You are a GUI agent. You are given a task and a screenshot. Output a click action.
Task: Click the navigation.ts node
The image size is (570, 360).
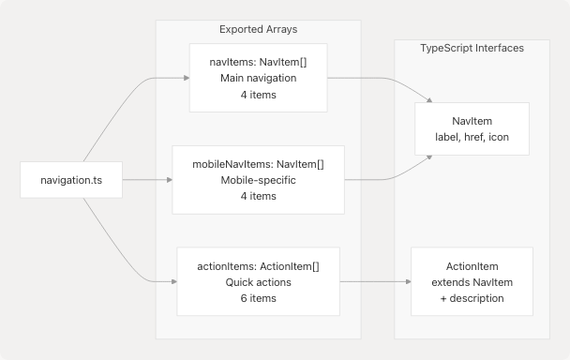click(72, 180)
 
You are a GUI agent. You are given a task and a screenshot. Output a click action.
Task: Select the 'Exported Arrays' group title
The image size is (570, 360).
click(258, 30)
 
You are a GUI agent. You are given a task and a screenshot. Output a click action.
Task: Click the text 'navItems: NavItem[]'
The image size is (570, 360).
click(258, 62)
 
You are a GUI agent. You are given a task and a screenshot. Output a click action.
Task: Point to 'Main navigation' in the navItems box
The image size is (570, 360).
click(258, 78)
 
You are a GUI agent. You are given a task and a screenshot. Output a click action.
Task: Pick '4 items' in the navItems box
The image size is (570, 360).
click(258, 94)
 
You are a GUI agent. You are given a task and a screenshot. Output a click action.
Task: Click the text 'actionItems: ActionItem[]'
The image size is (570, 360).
click(258, 266)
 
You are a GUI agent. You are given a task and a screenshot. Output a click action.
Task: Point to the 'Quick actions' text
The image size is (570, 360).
click(258, 282)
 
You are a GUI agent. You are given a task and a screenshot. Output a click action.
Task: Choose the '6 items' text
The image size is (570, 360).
click(258, 298)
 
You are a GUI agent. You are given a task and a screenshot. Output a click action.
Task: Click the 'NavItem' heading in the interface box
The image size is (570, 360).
click(472, 122)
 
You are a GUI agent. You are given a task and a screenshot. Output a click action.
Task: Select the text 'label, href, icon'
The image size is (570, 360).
click(472, 138)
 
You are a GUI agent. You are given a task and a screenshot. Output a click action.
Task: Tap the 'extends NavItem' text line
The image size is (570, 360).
click(472, 282)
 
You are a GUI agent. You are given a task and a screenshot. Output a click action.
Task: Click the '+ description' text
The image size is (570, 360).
click(472, 298)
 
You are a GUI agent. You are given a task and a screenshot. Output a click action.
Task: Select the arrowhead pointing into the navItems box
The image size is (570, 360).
click(185, 78)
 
